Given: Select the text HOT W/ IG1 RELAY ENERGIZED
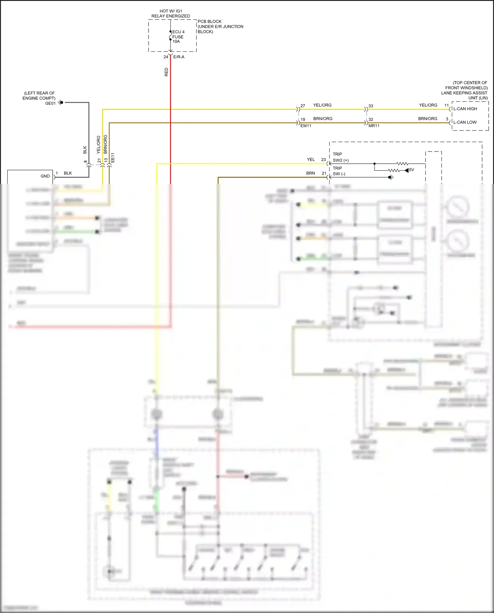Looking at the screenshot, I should (171, 14).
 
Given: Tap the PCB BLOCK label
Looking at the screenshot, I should (209, 21).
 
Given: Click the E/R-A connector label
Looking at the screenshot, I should (179, 57).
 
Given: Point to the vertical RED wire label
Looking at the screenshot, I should (166, 72).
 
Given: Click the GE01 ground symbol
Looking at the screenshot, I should (61, 103).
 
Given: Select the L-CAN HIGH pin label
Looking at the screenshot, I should (465, 109).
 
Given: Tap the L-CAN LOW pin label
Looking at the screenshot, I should (465, 122).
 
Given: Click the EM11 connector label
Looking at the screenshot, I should (306, 126).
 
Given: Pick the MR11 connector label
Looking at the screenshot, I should (374, 126).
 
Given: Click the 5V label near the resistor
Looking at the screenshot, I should (411, 170).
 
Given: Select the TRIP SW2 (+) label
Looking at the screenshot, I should (341, 157).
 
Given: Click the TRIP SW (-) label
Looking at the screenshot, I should (339, 171).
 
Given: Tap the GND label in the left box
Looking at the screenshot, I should (45, 176).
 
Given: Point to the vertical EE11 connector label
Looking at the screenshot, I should (113, 157).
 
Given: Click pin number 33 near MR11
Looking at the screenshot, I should (371, 106).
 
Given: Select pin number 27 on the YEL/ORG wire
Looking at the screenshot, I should (303, 106).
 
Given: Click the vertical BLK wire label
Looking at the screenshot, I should (85, 150).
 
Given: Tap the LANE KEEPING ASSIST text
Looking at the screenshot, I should (464, 93).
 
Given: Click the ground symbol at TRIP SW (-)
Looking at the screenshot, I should (391, 177).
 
